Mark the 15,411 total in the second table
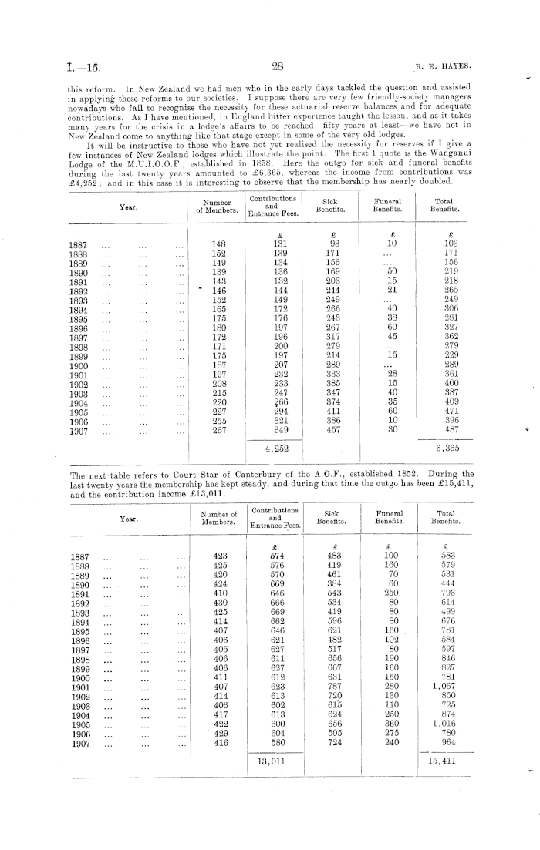pos(444,761)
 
